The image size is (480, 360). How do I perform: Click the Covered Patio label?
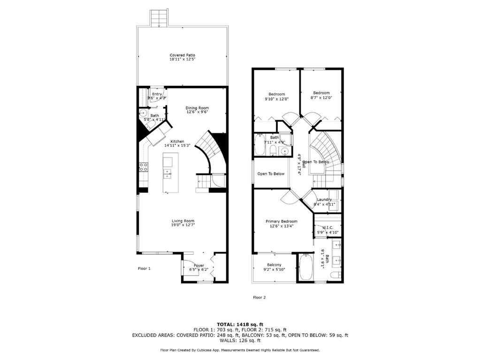tap(183, 55)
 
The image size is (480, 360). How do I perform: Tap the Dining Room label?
tap(197, 108)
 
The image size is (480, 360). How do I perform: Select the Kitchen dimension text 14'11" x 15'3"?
tap(177, 146)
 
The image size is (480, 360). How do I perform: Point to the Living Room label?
tap(183, 221)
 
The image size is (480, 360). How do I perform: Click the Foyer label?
tap(199, 265)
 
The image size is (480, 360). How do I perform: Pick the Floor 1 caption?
tap(144, 269)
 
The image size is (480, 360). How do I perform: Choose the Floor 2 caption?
tap(259, 297)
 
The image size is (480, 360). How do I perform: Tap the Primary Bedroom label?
tap(282, 221)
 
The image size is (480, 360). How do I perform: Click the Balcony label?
tap(274, 265)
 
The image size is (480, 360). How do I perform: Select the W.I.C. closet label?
tap(328, 228)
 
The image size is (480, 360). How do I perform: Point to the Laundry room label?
tap(324, 200)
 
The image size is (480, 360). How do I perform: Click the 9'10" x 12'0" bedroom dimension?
tap(276, 98)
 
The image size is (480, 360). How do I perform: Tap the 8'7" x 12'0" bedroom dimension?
tap(321, 98)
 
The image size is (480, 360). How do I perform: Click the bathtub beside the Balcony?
tap(305, 267)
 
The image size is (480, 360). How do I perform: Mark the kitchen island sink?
tap(168, 174)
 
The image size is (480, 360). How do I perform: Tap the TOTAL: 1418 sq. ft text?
tap(240, 324)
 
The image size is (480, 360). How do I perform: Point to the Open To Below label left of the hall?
tap(271, 174)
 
